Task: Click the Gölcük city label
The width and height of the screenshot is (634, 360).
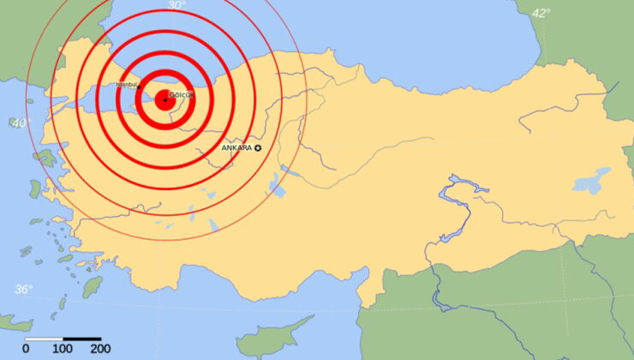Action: point(182,94)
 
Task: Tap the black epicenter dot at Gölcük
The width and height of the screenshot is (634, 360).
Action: point(164,100)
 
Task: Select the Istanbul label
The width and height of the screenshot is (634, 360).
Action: point(127,85)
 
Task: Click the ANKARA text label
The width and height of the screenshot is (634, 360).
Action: point(236,148)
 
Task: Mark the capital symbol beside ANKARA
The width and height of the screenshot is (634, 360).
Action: point(258,148)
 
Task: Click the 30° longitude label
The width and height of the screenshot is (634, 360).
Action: point(176,6)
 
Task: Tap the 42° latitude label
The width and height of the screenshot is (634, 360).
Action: point(541,13)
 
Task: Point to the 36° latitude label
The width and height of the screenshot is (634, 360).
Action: point(23,289)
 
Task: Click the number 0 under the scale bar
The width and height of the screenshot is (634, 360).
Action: point(26,349)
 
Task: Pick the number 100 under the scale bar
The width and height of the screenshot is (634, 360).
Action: point(63,349)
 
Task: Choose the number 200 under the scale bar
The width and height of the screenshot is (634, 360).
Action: point(99,349)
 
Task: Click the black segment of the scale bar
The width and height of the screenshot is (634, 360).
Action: point(81,339)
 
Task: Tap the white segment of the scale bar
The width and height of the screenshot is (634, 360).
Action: point(45,339)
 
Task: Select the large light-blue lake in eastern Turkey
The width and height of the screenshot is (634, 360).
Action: point(591,181)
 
